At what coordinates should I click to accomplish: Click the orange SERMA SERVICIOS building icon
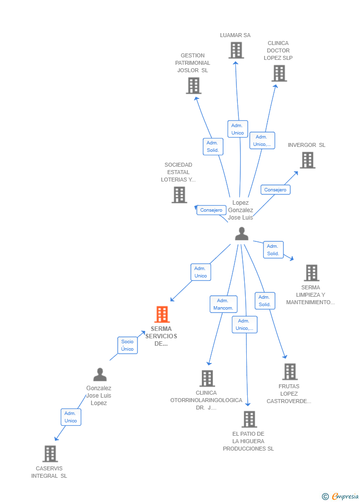[162, 315]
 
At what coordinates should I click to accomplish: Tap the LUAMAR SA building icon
[236, 50]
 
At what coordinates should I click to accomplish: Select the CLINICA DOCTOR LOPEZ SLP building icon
[279, 73]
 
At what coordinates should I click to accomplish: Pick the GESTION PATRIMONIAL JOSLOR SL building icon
[193, 86]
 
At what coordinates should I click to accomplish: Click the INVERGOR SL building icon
[308, 160]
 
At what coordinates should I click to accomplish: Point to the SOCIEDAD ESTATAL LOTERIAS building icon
[179, 195]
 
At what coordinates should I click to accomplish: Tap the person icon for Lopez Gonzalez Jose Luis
[241, 233]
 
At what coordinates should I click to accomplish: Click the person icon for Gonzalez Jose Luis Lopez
[100, 375]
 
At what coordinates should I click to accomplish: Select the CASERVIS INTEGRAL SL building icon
[50, 454]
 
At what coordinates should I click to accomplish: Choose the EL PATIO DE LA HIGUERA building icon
[249, 419]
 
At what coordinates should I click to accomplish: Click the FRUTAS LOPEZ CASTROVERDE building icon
[290, 371]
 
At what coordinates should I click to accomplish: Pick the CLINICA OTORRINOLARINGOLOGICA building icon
[207, 378]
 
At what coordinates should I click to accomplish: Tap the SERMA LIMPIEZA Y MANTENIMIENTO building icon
[312, 273]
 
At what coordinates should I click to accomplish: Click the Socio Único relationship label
[128, 345]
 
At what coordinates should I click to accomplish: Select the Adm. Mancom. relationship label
[224, 304]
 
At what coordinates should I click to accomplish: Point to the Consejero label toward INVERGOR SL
[275, 190]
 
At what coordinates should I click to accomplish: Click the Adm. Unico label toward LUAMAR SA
[237, 129]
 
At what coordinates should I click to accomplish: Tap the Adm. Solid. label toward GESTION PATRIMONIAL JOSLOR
[213, 146]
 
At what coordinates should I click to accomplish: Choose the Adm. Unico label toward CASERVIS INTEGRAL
[71, 417]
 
